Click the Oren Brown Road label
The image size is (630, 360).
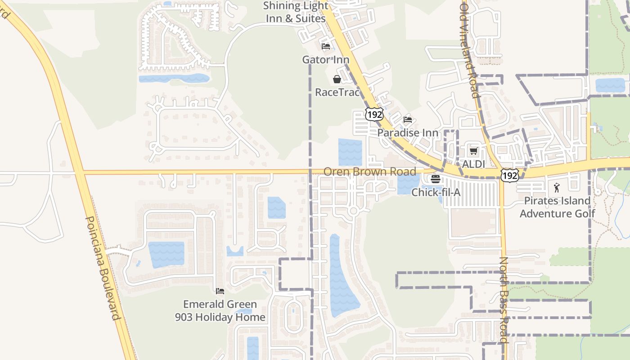pyautogui.click(x=369, y=171)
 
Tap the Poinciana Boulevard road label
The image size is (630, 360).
pyautogui.click(x=103, y=268)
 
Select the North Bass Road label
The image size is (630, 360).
pyautogui.click(x=504, y=300)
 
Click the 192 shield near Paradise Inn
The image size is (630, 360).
pyautogui.click(x=374, y=114)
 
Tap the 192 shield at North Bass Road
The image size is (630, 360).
pyautogui.click(x=509, y=175)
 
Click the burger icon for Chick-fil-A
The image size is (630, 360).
pyautogui.click(x=435, y=179)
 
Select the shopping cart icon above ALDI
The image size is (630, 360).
pyautogui.click(x=473, y=151)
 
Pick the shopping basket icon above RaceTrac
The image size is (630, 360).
pyautogui.click(x=337, y=80)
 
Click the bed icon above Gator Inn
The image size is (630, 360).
pyautogui.click(x=326, y=46)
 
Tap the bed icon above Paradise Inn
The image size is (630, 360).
pyautogui.click(x=408, y=120)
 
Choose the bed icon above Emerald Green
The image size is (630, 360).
pyautogui.click(x=220, y=291)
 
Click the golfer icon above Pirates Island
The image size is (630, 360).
pyautogui.click(x=557, y=187)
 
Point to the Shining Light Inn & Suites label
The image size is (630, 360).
pyautogui.click(x=296, y=12)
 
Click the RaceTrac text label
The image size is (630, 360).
pyautogui.click(x=337, y=92)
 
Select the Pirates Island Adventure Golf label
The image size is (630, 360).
pyautogui.click(x=557, y=207)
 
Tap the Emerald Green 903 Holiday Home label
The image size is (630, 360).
pyautogui.click(x=220, y=310)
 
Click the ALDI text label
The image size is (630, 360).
pyautogui.click(x=473, y=164)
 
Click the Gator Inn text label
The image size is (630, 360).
pyautogui.click(x=326, y=59)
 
